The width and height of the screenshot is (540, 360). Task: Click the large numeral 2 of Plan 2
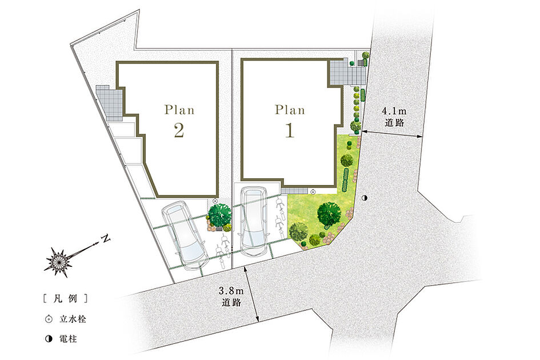[179, 130]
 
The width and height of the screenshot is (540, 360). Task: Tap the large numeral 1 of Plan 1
[289, 130]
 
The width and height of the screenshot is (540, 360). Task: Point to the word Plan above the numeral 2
[179, 110]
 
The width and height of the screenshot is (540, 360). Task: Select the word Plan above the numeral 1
[290, 110]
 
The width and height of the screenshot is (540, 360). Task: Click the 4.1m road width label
[394, 117]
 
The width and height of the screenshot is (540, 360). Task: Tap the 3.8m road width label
[231, 297]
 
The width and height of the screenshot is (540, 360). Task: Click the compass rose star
[58, 262]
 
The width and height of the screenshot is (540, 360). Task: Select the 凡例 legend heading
[66, 298]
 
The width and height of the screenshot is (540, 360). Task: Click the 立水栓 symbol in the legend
[49, 319]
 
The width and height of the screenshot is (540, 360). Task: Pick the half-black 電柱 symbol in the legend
[49, 339]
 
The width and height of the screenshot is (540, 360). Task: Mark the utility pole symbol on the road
[365, 198]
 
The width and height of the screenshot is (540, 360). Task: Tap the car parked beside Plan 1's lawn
[253, 222]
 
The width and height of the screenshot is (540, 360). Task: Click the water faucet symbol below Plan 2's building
[215, 200]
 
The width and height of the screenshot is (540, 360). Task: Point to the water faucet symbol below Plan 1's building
[313, 191]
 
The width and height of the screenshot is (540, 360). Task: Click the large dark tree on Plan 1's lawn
[329, 214]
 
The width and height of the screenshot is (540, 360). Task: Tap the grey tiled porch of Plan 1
[346, 71]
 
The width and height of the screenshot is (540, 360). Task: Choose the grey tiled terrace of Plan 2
[109, 102]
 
